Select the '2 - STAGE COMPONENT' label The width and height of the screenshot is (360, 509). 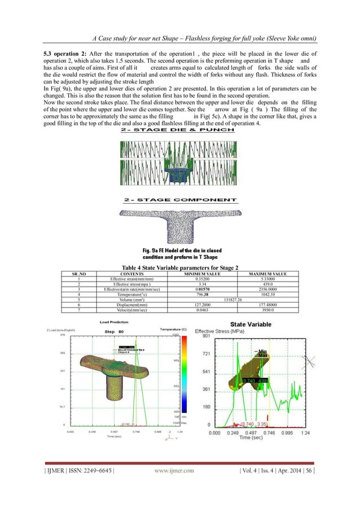click(x=180, y=200)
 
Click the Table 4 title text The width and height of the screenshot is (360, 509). click(x=180, y=268)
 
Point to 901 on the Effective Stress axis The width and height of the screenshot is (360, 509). click(x=206, y=336)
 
